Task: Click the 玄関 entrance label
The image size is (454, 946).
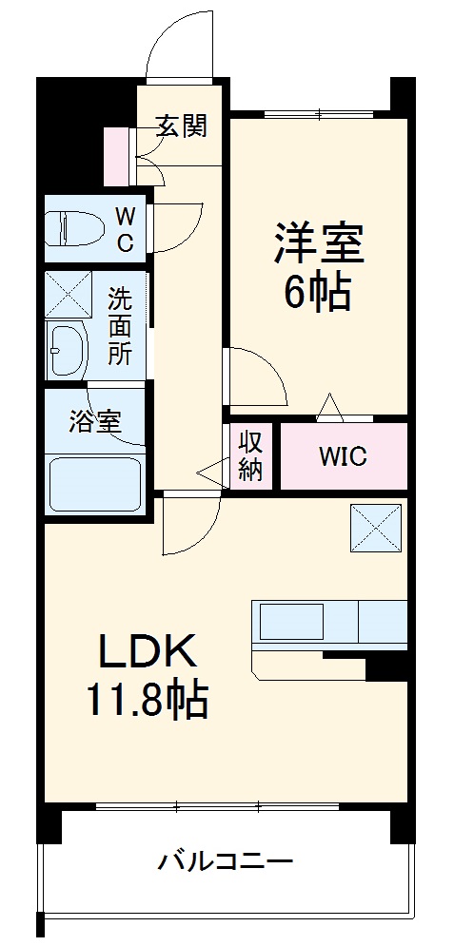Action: click(181, 125)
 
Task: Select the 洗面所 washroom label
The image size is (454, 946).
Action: click(119, 327)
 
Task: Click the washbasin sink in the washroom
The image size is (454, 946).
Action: click(67, 351)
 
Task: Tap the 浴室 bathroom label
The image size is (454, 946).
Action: click(94, 422)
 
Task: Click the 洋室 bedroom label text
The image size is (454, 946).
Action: click(319, 243)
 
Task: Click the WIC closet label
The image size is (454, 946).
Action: click(342, 457)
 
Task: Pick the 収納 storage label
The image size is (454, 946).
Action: click(250, 456)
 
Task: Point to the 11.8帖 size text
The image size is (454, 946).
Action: click(148, 703)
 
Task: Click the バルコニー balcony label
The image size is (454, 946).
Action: click(225, 863)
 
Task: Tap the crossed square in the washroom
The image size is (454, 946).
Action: click(68, 294)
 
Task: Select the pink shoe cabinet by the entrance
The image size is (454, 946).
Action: click(116, 155)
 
